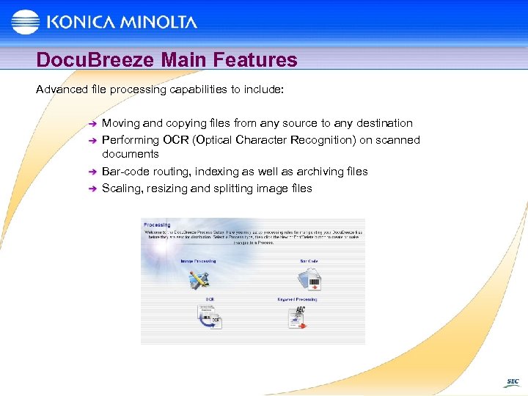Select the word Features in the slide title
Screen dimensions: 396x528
pos(257,59)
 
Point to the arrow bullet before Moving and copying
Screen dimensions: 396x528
pos(91,124)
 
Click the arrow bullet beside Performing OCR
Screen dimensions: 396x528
pos(91,140)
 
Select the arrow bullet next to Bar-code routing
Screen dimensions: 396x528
pos(91,172)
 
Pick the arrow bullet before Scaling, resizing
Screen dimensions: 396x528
pos(91,189)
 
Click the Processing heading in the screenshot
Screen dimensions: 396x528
pos(158,225)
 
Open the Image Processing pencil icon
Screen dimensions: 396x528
pos(199,279)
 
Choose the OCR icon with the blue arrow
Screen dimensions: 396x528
pos(208,316)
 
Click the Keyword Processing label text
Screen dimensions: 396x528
pos(297,299)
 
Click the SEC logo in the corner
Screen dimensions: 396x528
pos(511,382)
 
